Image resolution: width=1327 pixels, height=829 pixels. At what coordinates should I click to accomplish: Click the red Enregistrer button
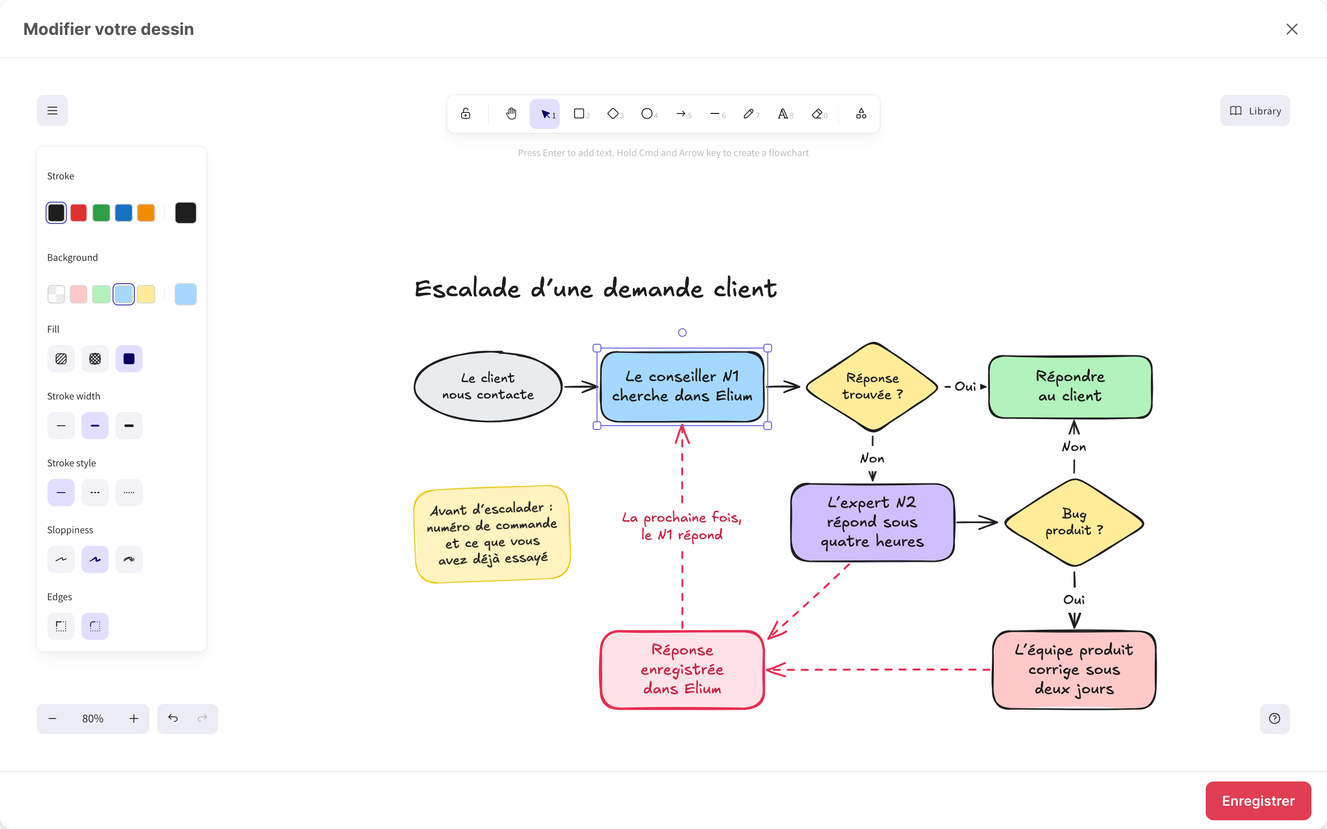pos(1258,800)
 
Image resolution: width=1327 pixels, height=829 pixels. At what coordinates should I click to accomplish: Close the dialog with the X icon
pos(1292,29)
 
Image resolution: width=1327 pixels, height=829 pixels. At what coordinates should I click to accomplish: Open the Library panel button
pos(1255,111)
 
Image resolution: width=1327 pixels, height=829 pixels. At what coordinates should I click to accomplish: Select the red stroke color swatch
pos(79,213)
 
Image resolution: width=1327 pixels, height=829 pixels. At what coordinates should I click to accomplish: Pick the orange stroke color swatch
pos(146,213)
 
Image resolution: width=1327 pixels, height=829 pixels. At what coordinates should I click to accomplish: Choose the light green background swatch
pos(101,294)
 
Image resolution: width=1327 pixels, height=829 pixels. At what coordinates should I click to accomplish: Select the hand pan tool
pos(511,113)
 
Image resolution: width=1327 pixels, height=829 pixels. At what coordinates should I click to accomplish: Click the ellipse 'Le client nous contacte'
pos(488,386)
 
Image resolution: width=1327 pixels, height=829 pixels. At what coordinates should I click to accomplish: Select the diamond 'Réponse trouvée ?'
pos(872,386)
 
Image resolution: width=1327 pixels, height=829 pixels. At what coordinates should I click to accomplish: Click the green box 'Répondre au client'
pos(1070,386)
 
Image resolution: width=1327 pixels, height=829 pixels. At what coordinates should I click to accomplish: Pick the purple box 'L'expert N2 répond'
pos(873,522)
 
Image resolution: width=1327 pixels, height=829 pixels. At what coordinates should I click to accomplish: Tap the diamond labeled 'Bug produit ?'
pos(1074,522)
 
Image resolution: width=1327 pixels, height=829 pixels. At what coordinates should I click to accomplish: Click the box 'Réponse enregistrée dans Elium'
pos(682,670)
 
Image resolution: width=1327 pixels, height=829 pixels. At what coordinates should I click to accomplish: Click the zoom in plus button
pos(134,718)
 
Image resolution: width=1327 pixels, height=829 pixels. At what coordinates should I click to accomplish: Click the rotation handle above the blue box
pos(682,332)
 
